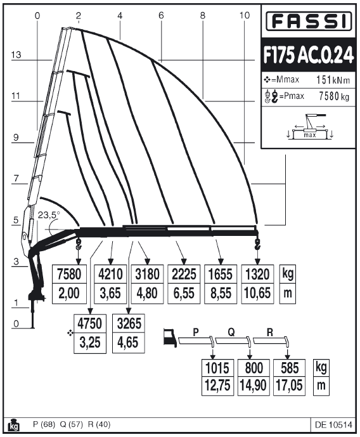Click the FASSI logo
[x=309, y=21]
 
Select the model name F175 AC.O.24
[x=309, y=55]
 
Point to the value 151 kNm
[x=333, y=81]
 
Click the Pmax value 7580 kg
[x=334, y=96]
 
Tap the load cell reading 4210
[x=110, y=274]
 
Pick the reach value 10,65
[x=257, y=293]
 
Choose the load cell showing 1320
[x=257, y=274]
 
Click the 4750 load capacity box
[x=90, y=323]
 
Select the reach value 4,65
[x=128, y=342]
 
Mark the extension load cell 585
[x=290, y=368]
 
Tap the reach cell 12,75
[x=218, y=386]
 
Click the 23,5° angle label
[x=49, y=215]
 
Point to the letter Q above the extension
[x=231, y=332]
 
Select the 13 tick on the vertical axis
[x=16, y=55]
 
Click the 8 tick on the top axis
[x=202, y=15]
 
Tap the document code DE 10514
[x=333, y=425]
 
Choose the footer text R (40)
[x=99, y=424]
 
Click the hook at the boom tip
[x=257, y=244]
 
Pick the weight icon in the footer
[x=13, y=425]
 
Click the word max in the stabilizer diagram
[x=309, y=135]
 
